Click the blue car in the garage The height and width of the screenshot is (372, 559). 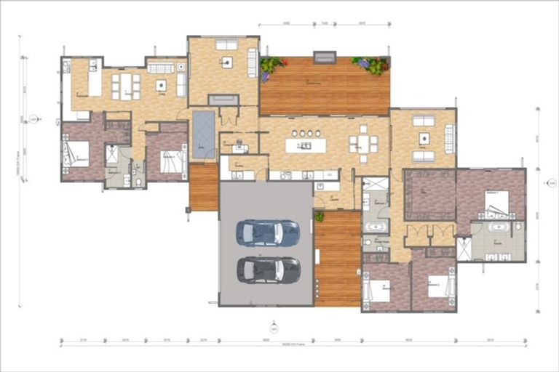point(267,232)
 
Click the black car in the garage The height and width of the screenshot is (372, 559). point(268,270)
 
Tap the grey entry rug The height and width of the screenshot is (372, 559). point(203,134)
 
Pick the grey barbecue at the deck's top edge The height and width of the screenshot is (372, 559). point(325,57)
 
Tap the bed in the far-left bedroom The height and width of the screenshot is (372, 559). point(77,153)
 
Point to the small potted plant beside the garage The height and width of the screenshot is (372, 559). point(319,217)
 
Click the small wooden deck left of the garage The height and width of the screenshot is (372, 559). point(204,187)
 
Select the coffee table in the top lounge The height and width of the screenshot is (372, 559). point(226,62)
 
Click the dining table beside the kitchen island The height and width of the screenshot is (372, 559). point(362,144)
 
